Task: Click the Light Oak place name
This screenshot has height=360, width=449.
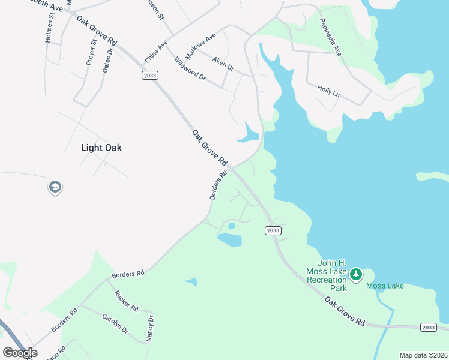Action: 101,148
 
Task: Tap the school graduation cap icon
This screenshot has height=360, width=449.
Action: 55,188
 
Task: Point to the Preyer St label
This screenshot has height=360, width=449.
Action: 93,52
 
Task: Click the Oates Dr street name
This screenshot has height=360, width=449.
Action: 107,60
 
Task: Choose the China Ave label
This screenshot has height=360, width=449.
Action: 156,53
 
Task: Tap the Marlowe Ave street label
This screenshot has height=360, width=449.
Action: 200,47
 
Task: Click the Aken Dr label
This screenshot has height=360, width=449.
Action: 223,62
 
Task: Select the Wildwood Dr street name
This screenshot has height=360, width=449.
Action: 190,70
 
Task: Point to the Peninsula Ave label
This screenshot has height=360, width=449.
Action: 330,41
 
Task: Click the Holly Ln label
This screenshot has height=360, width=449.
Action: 328,91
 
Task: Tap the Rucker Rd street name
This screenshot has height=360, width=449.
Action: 126,301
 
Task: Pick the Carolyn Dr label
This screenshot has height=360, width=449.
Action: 115,323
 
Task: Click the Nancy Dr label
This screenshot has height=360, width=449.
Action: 150,327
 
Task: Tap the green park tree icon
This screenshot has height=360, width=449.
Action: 356,274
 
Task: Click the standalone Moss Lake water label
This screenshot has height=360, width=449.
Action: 385,286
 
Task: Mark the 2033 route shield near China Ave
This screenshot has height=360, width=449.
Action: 151,74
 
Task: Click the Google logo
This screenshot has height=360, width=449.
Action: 20,353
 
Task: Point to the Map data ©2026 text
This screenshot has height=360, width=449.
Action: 423,355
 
